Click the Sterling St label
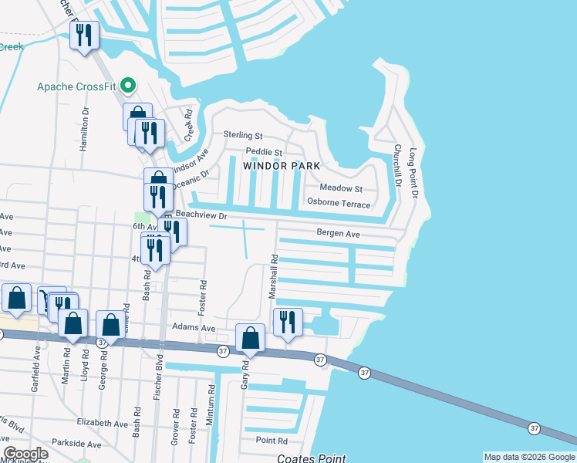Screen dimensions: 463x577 (x=243, y=135)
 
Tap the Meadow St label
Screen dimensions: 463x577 (x=341, y=188)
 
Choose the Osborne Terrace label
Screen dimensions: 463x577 (x=339, y=204)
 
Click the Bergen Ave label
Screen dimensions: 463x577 (x=339, y=233)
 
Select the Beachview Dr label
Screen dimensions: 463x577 (x=200, y=215)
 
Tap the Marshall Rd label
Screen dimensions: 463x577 (x=272, y=277)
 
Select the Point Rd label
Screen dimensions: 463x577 (x=272, y=441)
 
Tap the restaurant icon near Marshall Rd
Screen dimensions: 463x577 (x=288, y=322)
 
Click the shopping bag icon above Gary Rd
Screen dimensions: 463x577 (x=250, y=337)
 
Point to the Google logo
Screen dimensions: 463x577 (x=25, y=454)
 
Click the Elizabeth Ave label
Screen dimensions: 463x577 (x=103, y=424)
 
